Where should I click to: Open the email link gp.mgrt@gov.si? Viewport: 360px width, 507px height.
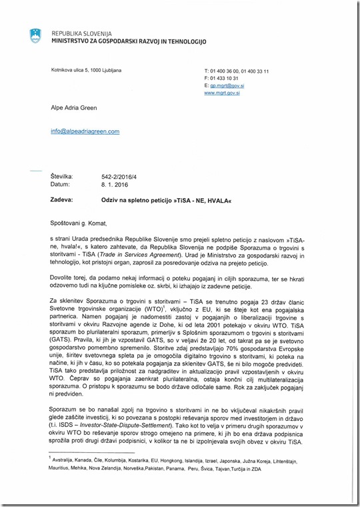coord(229,85)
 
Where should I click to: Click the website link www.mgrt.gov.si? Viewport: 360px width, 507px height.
coord(222,93)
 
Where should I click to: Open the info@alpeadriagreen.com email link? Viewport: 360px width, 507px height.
coord(85,131)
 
